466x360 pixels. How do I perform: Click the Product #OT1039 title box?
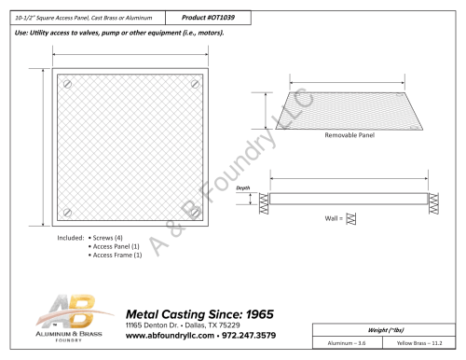pyautogui.click(x=208, y=18)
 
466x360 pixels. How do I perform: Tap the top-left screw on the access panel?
pyautogui.click(x=67, y=84)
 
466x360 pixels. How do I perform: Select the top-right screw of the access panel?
pyautogui.click(x=195, y=84)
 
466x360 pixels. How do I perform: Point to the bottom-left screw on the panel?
pyautogui.click(x=67, y=213)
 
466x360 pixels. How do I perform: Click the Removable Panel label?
pyautogui.click(x=349, y=135)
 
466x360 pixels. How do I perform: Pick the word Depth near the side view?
pyautogui.click(x=243, y=187)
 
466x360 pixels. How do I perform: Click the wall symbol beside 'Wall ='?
pyautogui.click(x=350, y=218)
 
